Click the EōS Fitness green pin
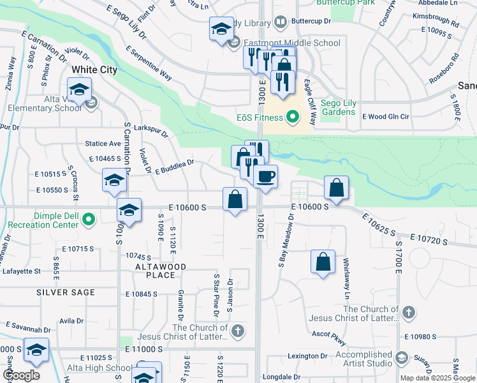coord(293,117)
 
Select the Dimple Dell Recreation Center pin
coord(89,220)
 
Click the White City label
coord(94,70)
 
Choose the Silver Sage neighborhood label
coord(66,292)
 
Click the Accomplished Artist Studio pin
coord(400,357)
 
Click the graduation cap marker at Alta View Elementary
coord(79,90)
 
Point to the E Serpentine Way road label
coord(149,63)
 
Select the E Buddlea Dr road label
coord(174,167)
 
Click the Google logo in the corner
coord(21,375)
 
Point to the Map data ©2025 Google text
coord(437,378)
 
